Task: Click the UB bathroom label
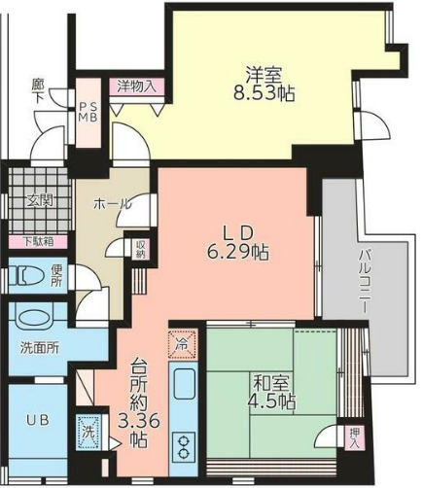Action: click(37, 420)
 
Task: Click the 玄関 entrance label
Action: click(40, 201)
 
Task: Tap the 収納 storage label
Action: click(140, 249)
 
